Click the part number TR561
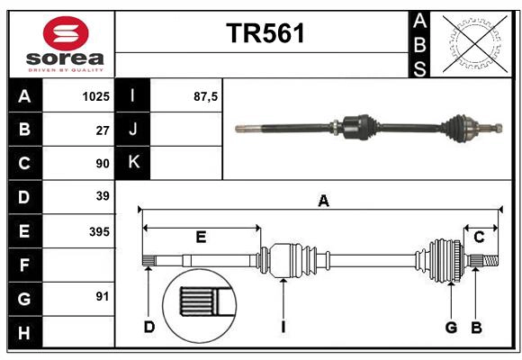coord(265,33)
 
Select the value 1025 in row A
coord(95,95)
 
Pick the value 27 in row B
coord(102,130)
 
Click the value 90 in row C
coord(102,164)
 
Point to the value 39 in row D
coord(102,196)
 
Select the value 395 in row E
coord(98,231)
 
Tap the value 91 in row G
coord(102,296)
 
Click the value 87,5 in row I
coord(206,95)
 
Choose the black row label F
coord(24,265)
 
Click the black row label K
coord(133,163)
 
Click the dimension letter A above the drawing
coord(323,202)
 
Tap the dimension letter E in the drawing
coord(201,237)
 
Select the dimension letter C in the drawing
coord(480,237)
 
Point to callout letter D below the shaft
coord(149,326)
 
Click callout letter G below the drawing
coord(451,326)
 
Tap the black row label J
coord(133,130)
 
